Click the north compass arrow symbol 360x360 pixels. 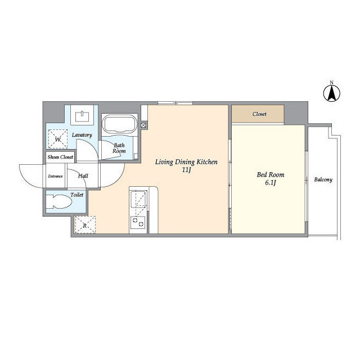[x=332, y=93]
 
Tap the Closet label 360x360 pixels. [x=259, y=114]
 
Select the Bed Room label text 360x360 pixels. [x=271, y=175]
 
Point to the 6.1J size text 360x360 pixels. [x=271, y=183]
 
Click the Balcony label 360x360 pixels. [x=323, y=179]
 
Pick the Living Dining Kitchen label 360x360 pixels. [x=186, y=162]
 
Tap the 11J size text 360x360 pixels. [x=186, y=170]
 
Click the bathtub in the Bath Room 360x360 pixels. [x=119, y=124]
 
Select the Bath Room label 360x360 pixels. [x=119, y=148]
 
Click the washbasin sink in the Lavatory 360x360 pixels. [x=82, y=116]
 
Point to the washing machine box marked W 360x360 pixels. [x=57, y=139]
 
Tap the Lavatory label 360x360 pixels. [x=82, y=135]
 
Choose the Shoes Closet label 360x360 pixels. [x=60, y=157]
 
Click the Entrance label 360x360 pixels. [x=55, y=176]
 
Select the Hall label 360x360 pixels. [x=83, y=176]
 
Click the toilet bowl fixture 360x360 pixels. [x=59, y=202]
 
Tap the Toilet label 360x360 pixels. [x=76, y=195]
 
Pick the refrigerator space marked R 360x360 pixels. [x=85, y=225]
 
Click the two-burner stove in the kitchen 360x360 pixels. [x=138, y=222]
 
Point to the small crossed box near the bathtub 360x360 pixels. [x=143, y=125]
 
